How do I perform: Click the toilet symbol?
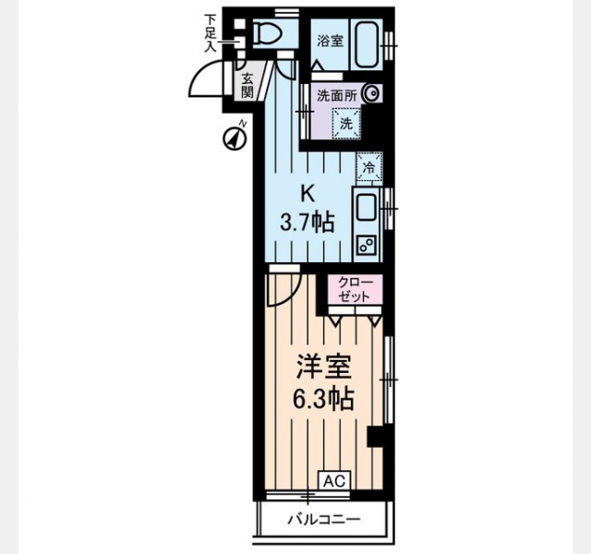click(x=268, y=33)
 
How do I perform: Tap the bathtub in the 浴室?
click(x=366, y=44)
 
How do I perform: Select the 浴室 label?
click(x=331, y=41)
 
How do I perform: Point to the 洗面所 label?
click(x=336, y=96)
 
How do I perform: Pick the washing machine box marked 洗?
click(x=345, y=123)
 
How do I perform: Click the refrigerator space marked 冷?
click(x=369, y=167)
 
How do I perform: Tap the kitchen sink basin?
click(x=366, y=207)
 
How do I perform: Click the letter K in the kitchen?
click(x=308, y=195)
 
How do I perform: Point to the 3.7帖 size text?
click(x=307, y=223)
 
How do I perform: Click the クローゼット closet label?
click(x=355, y=289)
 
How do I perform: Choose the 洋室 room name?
click(x=324, y=367)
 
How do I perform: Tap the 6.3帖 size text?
click(x=323, y=399)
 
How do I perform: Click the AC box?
click(x=334, y=481)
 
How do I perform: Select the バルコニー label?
click(x=324, y=520)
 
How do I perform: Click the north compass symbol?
click(x=235, y=138)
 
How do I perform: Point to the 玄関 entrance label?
click(x=247, y=86)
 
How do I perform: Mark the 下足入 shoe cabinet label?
click(x=210, y=33)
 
